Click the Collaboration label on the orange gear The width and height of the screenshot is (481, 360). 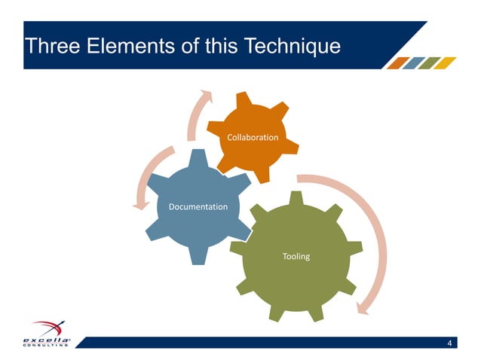point(253,138)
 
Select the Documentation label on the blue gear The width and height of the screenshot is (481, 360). point(198,206)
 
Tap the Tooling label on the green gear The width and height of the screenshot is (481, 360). point(296,256)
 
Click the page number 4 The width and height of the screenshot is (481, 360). point(449,344)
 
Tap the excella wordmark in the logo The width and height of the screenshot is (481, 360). point(46,340)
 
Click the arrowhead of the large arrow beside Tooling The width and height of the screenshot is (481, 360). point(363,306)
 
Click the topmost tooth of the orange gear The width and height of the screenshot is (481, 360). point(243,100)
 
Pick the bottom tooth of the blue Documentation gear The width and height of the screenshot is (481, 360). point(198,255)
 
